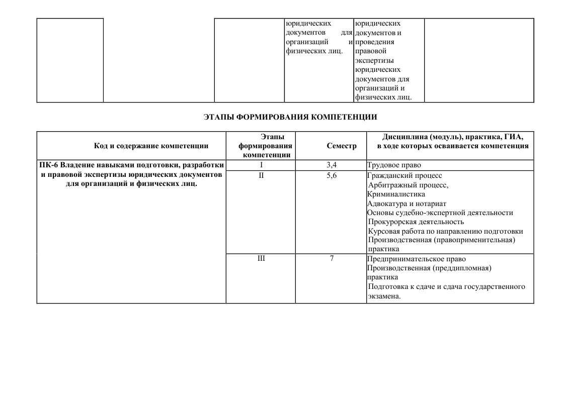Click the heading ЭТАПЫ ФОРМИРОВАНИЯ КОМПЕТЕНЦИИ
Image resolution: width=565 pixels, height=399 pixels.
point(290,117)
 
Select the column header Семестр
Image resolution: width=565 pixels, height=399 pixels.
point(341,146)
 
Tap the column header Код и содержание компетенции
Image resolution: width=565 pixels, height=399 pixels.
point(151,146)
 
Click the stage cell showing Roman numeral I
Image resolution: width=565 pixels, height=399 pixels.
point(261,165)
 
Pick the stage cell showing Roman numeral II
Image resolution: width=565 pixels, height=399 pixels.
point(261,175)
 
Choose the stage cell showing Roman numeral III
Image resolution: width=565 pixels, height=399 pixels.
point(261,259)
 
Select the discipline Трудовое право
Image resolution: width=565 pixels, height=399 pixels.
point(393,165)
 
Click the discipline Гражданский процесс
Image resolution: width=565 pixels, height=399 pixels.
point(405,175)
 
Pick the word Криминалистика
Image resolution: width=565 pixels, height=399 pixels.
point(396,194)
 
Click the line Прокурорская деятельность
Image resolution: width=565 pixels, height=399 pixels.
point(416,222)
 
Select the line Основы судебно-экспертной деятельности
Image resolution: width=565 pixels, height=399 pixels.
point(440,213)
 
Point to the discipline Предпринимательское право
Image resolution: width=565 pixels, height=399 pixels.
point(417,259)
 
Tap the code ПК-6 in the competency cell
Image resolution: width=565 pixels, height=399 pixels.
point(49,165)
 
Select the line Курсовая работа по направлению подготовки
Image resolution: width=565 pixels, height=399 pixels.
point(445,231)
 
